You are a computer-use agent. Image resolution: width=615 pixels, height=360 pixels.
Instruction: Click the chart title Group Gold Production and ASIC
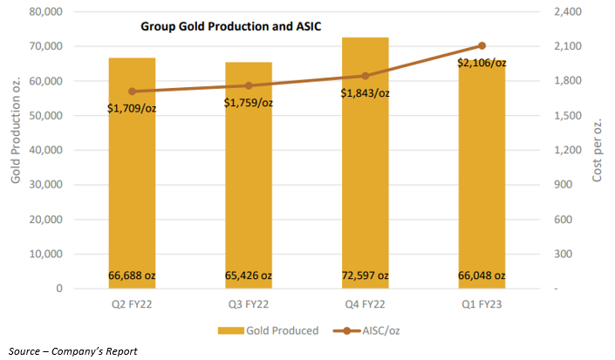click(231, 26)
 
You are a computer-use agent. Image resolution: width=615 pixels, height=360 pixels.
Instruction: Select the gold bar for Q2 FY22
click(132, 174)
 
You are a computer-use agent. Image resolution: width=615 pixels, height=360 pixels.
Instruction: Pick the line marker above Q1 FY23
click(482, 45)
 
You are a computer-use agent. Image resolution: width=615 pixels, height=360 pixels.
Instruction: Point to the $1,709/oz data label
click(132, 109)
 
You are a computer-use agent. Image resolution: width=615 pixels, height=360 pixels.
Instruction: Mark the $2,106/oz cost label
click(482, 63)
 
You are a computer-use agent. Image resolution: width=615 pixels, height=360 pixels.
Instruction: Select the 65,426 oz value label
click(249, 275)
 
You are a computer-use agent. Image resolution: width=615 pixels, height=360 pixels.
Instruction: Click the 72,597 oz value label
click(366, 275)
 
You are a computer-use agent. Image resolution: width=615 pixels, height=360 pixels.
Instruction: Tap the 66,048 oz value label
click(482, 275)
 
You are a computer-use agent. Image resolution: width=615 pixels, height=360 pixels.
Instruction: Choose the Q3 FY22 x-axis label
click(249, 305)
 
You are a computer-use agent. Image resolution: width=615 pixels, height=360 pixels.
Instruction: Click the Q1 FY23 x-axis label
click(482, 305)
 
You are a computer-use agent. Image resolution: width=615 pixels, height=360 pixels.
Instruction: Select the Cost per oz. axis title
click(598, 150)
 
